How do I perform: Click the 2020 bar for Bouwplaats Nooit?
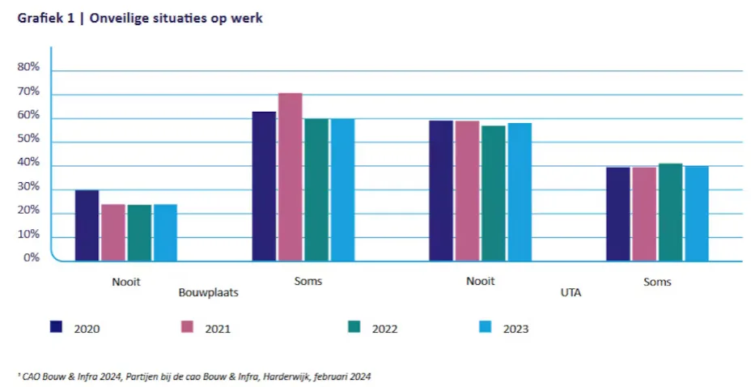pos(87,225)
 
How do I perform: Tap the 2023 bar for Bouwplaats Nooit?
pos(165,232)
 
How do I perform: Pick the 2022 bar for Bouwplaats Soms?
pos(316,189)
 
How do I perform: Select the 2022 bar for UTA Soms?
pos(670,212)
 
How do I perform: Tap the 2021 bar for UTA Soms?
pos(644,214)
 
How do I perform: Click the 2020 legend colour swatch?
pos(57,326)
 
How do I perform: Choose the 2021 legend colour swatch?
pos(186,326)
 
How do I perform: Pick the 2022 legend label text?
pos(384,329)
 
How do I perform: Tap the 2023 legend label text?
pos(515,329)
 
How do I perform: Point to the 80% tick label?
pos(29,68)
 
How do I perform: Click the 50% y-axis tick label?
pos(29,139)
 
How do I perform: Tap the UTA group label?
pos(570,291)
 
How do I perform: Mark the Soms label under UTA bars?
pos(657,282)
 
